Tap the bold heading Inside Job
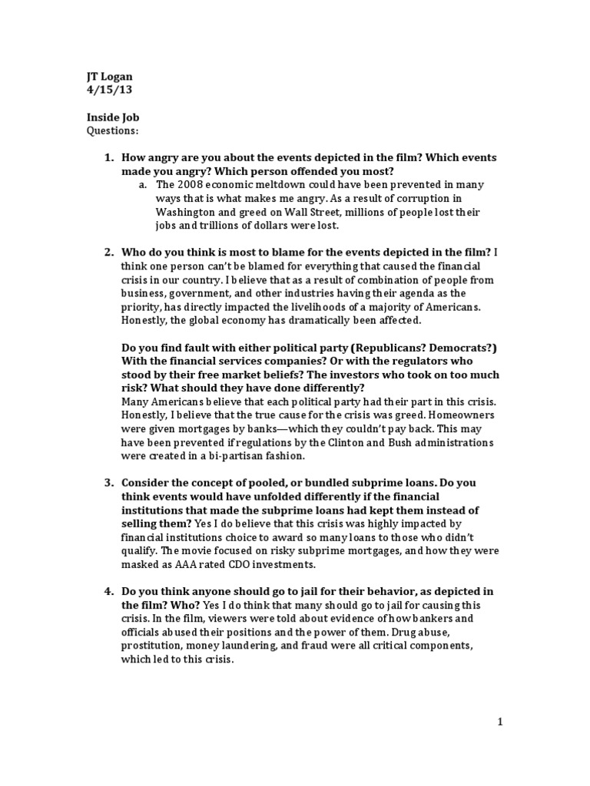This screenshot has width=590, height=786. pos(112,117)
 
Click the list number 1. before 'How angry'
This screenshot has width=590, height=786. pos(109,158)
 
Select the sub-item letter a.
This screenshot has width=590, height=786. pos(143,185)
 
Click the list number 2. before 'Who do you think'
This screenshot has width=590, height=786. pos(109,252)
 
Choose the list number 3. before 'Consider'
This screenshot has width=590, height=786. pos(109,483)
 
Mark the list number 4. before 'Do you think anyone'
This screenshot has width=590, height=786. pos(109,592)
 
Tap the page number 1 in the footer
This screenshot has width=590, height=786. pos(499,722)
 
